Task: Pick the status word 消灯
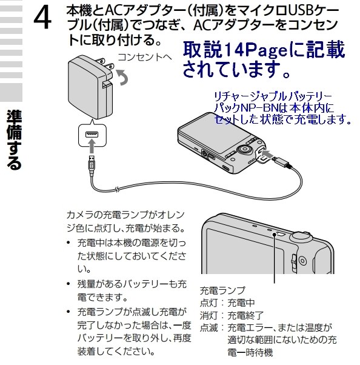pos(208,315)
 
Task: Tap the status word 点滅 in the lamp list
pos(208,327)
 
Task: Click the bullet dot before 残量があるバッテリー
pos(70,284)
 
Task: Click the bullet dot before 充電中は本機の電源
pos(70,243)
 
